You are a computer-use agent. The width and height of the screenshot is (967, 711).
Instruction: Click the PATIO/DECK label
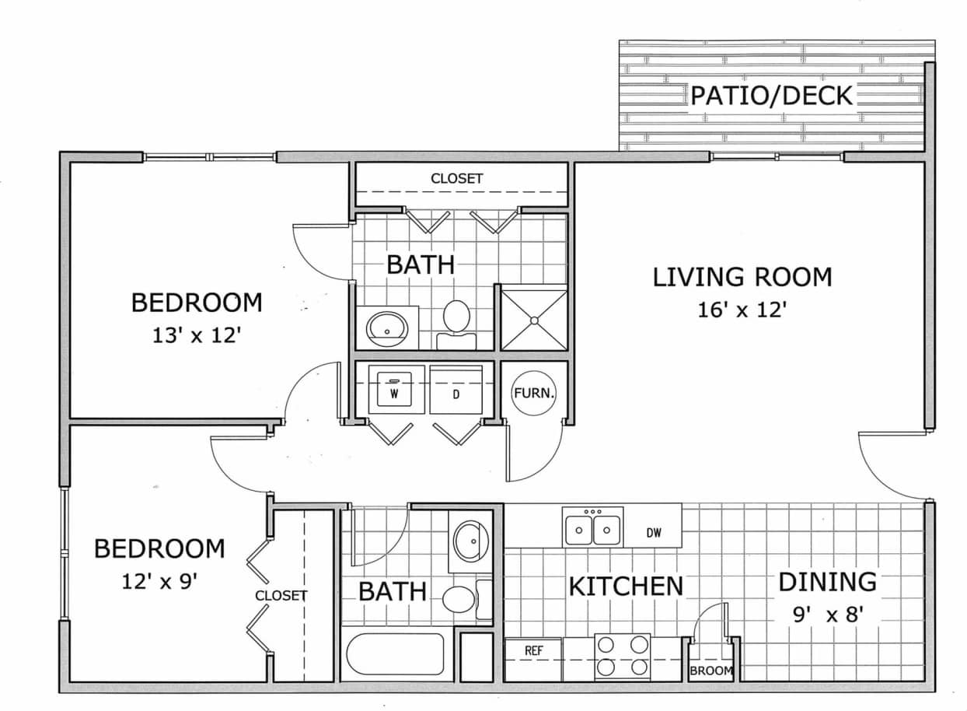click(x=772, y=96)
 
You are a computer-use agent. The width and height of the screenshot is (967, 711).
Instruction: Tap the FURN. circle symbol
click(x=534, y=393)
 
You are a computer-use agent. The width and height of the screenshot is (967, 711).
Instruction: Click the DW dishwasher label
click(x=653, y=533)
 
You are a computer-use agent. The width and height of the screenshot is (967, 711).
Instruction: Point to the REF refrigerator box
click(x=533, y=650)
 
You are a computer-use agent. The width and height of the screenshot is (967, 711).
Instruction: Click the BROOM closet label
click(x=710, y=671)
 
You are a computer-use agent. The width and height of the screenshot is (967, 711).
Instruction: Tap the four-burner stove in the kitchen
click(x=622, y=656)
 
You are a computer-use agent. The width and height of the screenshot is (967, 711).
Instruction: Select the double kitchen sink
click(x=593, y=530)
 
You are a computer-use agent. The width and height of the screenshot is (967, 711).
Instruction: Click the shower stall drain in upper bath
click(x=534, y=320)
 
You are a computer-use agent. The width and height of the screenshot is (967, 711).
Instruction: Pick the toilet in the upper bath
click(x=456, y=319)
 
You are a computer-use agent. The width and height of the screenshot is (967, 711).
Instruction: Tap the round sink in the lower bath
click(x=470, y=541)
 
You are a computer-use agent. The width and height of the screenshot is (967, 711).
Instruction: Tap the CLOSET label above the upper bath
click(x=457, y=179)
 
